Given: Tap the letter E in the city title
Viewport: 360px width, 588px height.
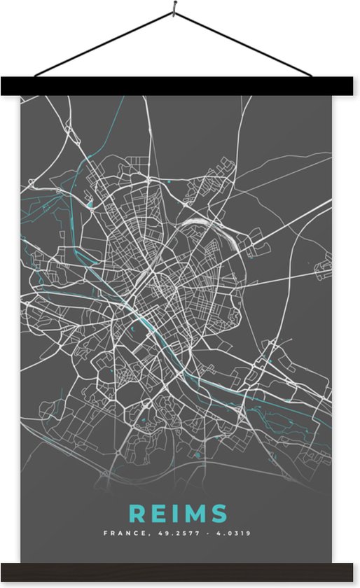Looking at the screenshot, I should (157, 513).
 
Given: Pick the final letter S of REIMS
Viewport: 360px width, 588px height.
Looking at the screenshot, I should (217, 513).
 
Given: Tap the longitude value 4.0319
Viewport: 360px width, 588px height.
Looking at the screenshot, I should (233, 533).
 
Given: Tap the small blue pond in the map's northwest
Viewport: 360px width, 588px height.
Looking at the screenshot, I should (90, 204).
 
